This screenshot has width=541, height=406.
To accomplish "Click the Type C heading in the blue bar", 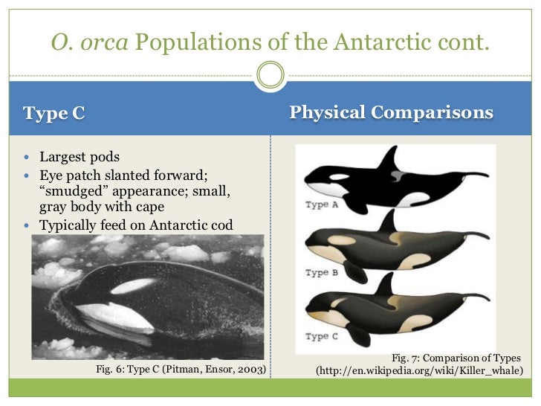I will tap(54, 114).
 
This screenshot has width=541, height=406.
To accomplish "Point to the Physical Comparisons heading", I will tap(391, 113).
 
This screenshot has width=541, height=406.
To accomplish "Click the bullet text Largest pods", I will tap(80, 158).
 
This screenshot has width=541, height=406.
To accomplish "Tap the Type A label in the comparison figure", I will tap(322, 205).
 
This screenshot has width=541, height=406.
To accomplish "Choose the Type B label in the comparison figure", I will tap(322, 272).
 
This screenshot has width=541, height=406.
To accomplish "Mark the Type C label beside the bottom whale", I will tap(322, 336).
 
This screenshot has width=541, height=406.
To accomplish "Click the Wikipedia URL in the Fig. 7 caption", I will tap(420, 370).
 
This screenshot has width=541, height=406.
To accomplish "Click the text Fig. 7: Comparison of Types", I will tap(456, 358).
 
